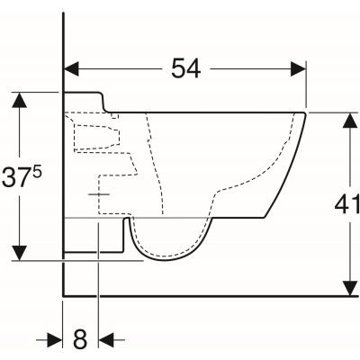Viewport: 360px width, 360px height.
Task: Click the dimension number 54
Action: coord(185,68)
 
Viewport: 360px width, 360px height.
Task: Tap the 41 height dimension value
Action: coord(347,204)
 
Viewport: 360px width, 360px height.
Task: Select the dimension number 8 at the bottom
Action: coord(80,340)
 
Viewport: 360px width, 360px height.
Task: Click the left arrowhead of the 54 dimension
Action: coord(71,69)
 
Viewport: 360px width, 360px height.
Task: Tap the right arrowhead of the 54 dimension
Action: coord(298,69)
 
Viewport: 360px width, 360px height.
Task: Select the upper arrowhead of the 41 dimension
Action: coord(350,121)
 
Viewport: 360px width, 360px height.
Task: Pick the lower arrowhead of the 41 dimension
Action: coord(350,288)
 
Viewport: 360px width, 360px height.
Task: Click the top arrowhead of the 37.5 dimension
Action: coord(20,100)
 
